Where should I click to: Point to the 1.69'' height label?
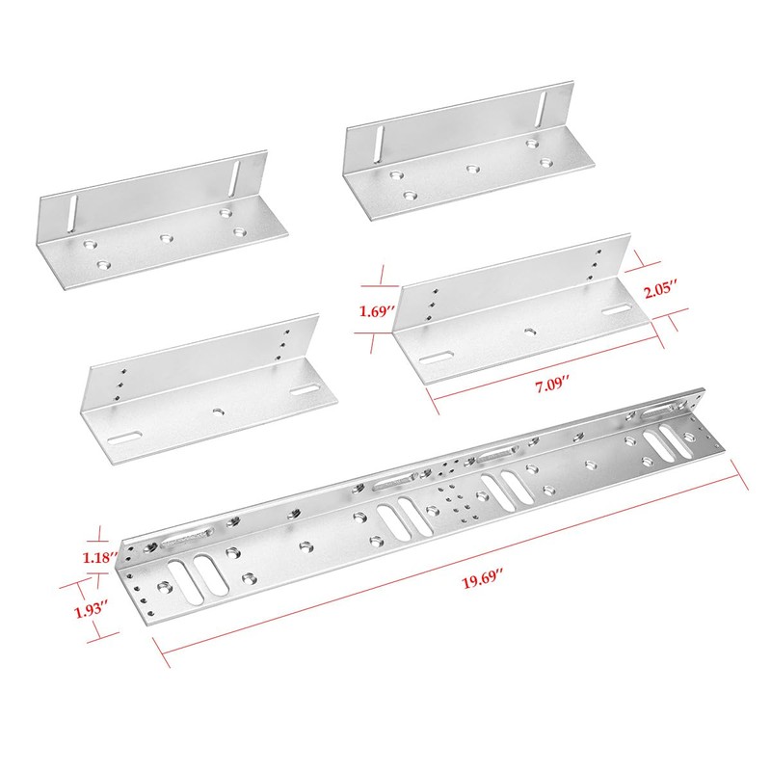[374, 311]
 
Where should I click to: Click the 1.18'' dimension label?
[100, 557]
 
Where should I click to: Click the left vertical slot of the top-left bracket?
[69, 211]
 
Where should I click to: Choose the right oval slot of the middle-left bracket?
[306, 390]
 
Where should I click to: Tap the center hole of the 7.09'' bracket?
[529, 331]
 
